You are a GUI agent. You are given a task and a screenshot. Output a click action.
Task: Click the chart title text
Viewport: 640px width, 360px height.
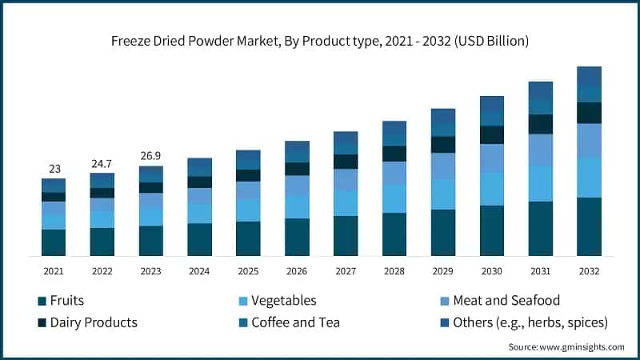pyautogui.click(x=320, y=39)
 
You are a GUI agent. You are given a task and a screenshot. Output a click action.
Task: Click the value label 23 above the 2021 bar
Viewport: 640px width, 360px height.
pyautogui.click(x=54, y=169)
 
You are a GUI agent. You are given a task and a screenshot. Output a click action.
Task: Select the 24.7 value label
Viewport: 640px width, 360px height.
pyautogui.click(x=102, y=163)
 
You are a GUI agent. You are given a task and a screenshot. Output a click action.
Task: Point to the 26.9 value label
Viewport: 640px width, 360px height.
pyautogui.click(x=151, y=156)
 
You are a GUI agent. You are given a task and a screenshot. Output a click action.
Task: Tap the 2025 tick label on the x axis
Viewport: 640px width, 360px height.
pyautogui.click(x=248, y=271)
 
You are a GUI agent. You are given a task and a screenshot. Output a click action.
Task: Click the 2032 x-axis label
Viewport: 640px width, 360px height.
pyautogui.click(x=589, y=271)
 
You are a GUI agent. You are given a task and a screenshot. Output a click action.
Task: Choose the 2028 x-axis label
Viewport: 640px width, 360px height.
pyautogui.click(x=394, y=271)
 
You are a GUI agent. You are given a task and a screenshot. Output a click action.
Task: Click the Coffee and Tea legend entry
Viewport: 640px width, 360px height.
pyautogui.click(x=295, y=322)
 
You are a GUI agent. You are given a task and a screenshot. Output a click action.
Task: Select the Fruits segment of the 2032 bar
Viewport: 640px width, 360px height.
pyautogui.click(x=589, y=226)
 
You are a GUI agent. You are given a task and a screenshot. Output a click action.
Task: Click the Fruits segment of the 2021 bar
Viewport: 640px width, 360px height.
pyautogui.click(x=54, y=242)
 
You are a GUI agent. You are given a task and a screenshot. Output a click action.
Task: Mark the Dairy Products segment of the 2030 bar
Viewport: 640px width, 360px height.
pyautogui.click(x=491, y=134)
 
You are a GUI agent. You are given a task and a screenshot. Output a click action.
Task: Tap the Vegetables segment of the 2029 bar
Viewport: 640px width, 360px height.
pyautogui.click(x=442, y=194)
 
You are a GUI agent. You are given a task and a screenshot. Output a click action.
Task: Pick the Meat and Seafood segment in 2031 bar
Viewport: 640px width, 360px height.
pyautogui.click(x=540, y=150)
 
